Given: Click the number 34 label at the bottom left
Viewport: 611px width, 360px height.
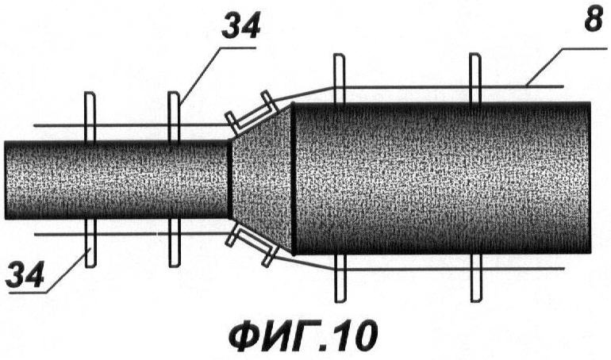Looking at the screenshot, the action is coord(25,275).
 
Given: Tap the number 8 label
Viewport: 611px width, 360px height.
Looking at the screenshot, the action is coord(594,19).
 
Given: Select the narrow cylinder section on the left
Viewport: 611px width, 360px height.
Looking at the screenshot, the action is coord(117,180).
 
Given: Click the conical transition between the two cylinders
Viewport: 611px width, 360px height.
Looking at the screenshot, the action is coord(261,179).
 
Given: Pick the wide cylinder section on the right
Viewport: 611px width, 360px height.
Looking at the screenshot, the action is coord(441,178).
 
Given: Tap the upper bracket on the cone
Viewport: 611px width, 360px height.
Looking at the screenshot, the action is coord(252,112).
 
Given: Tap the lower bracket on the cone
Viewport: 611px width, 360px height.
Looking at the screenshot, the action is coord(252,247).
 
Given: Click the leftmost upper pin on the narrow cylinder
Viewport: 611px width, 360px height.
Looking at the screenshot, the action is coord(90,117).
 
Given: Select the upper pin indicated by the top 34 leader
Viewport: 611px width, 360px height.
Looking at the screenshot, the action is coord(174,117).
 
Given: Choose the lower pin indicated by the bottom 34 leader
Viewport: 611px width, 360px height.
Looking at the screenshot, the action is coord(90,243).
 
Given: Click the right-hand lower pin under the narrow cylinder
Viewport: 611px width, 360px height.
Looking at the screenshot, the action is coord(175,243).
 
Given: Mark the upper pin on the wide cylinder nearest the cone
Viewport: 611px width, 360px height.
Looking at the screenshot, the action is coord(340,79).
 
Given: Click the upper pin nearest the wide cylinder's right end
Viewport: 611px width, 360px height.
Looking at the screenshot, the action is coord(475,79).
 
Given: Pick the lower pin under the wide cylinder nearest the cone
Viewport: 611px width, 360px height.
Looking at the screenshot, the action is coord(340,278).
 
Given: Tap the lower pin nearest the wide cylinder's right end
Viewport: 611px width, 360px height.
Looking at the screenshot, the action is coord(476,278).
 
